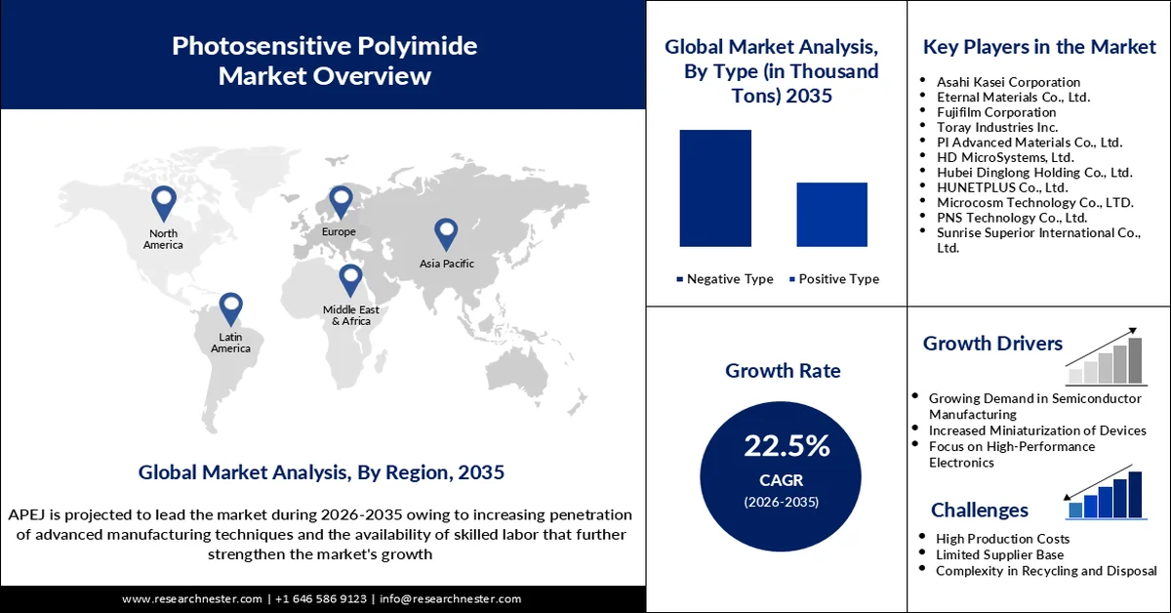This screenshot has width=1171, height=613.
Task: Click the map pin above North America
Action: [163, 203]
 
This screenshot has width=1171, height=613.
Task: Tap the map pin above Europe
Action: [340, 201]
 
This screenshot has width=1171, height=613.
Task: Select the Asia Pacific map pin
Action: [446, 233]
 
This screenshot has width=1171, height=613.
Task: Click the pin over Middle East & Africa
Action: [350, 279]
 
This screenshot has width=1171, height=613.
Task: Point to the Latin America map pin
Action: [229, 307]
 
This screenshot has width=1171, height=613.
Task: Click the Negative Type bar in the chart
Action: [715, 187]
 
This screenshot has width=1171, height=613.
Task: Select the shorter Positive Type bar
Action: [831, 214]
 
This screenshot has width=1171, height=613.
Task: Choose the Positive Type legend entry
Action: [833, 279]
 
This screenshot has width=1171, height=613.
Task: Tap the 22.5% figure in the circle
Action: [787, 446]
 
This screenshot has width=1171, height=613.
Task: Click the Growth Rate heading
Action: [782, 371]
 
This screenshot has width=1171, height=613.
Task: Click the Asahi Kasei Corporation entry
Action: [1008, 82]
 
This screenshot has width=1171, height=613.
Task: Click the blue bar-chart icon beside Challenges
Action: [1105, 495]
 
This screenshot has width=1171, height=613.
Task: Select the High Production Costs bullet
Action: [1002, 539]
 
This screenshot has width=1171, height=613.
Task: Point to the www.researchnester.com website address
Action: [192, 598]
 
